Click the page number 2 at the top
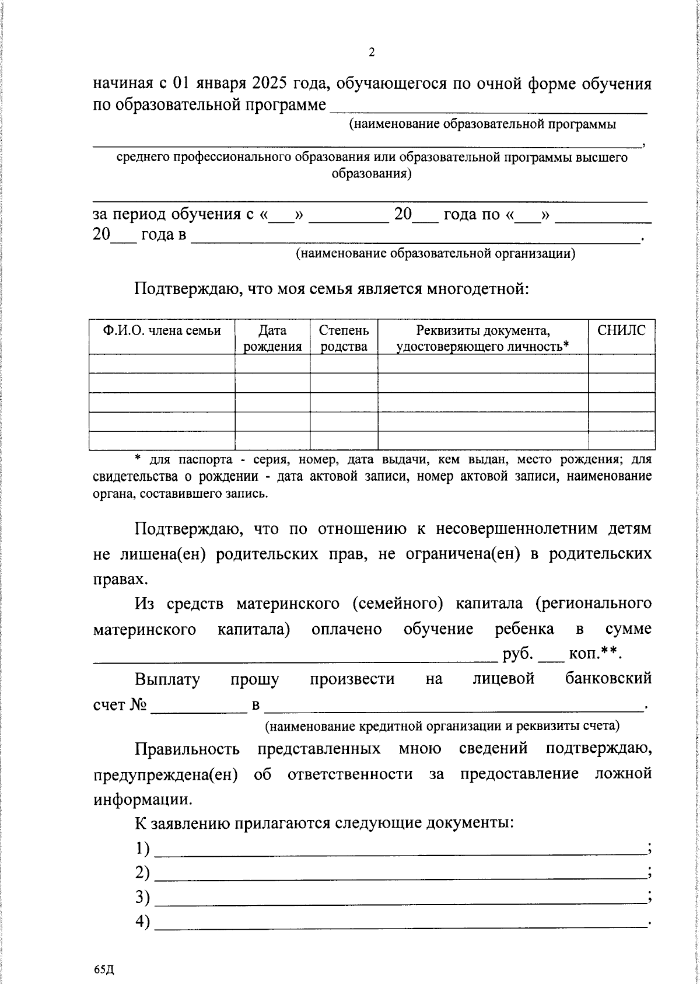[x=372, y=52]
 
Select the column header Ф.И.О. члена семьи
[x=162, y=331]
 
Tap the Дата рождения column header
[x=272, y=338]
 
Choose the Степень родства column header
[x=344, y=338]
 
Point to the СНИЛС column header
[x=621, y=330]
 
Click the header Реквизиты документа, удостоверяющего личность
[x=482, y=338]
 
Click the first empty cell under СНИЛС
[x=621, y=363]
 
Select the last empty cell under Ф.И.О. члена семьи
[x=162, y=440]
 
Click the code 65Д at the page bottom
[x=103, y=969]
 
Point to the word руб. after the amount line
[x=518, y=654]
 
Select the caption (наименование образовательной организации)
[x=435, y=253]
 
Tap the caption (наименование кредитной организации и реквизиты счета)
[x=442, y=726]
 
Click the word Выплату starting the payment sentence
[x=167, y=679]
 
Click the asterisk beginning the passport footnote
[x=138, y=459]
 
